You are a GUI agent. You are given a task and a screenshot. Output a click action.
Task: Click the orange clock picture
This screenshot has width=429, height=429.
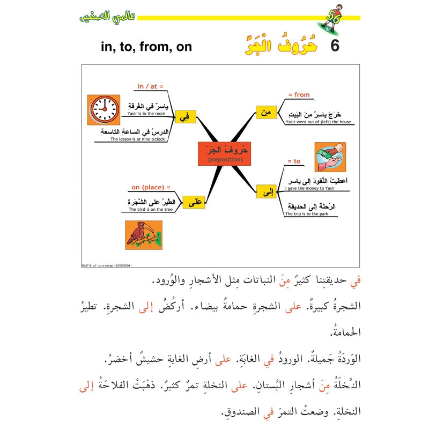coord(104,110)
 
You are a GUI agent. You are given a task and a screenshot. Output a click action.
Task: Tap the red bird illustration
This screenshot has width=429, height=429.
coord(144,235)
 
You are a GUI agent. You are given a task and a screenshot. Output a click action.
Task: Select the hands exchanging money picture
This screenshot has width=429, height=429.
coord(330,157)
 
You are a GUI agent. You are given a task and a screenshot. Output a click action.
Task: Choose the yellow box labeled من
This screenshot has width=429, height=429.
coord(266,112)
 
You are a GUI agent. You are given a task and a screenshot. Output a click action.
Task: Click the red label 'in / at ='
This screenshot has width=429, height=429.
coord(150,86)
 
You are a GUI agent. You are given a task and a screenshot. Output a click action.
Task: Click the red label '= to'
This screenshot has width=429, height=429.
coord(294,161)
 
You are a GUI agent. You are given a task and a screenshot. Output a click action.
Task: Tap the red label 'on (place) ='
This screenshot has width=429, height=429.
coord(151,187)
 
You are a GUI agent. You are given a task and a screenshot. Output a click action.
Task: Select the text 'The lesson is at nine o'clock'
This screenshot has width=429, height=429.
coord(137,139)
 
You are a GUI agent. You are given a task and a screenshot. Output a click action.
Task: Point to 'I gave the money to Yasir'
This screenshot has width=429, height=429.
coord(312,188)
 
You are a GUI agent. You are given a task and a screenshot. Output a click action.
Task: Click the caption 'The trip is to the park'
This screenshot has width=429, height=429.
coord(306,214)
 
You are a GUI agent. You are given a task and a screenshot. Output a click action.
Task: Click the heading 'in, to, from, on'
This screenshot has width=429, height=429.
coord(146,47)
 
